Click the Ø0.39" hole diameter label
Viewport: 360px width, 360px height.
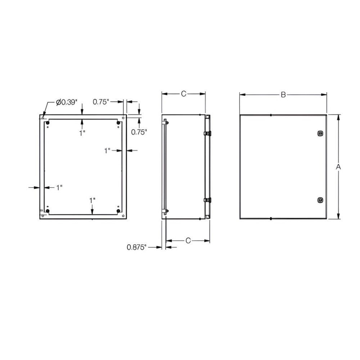pyautogui.click(x=67, y=102)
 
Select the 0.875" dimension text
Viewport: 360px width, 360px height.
pyautogui.click(x=137, y=247)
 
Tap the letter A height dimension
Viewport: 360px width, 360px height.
pyautogui.click(x=338, y=166)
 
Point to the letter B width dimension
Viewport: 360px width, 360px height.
pyautogui.click(x=283, y=95)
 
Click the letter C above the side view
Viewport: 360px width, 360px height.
pyautogui.click(x=183, y=94)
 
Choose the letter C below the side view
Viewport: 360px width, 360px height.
pyautogui.click(x=188, y=240)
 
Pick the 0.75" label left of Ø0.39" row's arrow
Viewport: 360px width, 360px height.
pyautogui.click(x=101, y=102)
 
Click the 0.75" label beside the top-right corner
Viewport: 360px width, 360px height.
pyautogui.click(x=139, y=132)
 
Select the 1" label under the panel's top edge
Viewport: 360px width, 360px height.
pyautogui.click(x=82, y=133)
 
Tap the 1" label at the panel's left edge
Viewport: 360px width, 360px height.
pyautogui.click(x=59, y=187)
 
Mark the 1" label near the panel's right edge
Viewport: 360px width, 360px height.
pyautogui.click(x=107, y=151)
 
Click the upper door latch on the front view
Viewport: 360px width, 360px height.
pyautogui.click(x=320, y=134)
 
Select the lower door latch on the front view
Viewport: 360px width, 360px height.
pyautogui.click(x=320, y=200)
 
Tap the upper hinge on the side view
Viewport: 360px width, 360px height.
pyautogui.click(x=207, y=134)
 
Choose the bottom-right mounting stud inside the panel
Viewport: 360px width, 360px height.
pyautogui.click(x=118, y=211)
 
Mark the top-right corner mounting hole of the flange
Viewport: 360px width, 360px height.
pyautogui.click(x=123, y=117)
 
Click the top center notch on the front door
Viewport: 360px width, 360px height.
pyautogui.click(x=270, y=115)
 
